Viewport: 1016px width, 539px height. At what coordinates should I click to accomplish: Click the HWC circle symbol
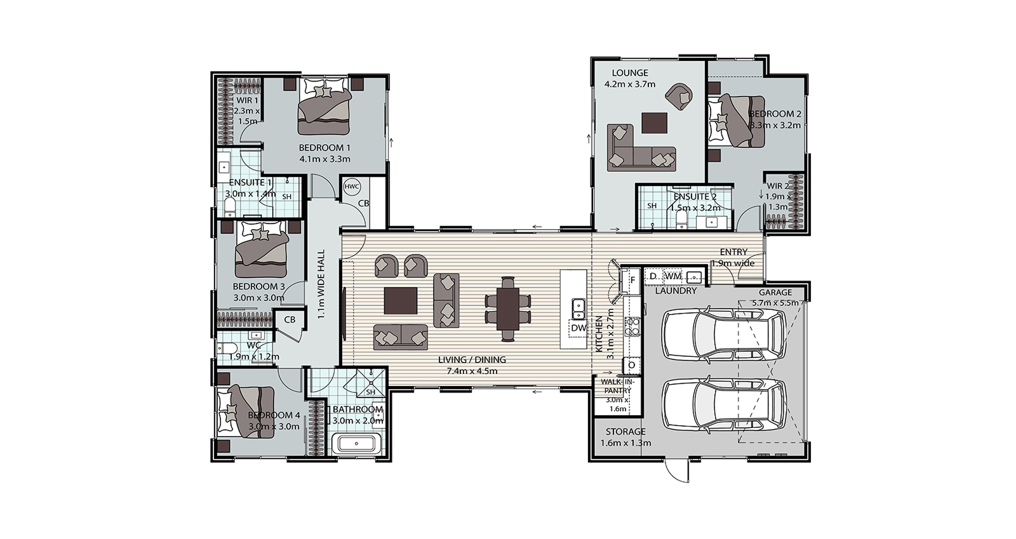click(352, 186)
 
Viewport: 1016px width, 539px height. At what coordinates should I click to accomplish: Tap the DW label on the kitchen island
click(578, 328)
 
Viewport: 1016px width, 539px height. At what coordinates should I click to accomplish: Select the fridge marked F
click(632, 280)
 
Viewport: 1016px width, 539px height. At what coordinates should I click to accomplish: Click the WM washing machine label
click(672, 276)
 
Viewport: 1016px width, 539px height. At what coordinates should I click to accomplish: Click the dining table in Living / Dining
click(507, 309)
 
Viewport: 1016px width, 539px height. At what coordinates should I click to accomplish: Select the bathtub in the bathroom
click(356, 444)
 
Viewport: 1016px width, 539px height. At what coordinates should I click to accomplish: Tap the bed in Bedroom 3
click(261, 249)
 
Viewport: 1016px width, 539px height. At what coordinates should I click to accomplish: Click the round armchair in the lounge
click(679, 96)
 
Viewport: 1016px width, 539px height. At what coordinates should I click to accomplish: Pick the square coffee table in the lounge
click(655, 123)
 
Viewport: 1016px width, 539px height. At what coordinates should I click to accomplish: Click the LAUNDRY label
click(676, 291)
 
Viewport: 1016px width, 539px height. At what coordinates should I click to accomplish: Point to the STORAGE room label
click(625, 432)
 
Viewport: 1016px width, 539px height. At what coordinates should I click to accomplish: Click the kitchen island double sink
click(578, 309)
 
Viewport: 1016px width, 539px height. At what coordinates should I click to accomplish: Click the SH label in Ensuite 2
click(652, 206)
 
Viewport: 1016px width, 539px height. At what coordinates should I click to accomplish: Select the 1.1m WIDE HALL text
click(321, 284)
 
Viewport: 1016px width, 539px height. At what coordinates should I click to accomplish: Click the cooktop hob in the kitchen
click(632, 326)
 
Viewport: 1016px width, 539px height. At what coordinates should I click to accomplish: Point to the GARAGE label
click(775, 293)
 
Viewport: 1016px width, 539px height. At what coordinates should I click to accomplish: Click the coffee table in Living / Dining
click(401, 300)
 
